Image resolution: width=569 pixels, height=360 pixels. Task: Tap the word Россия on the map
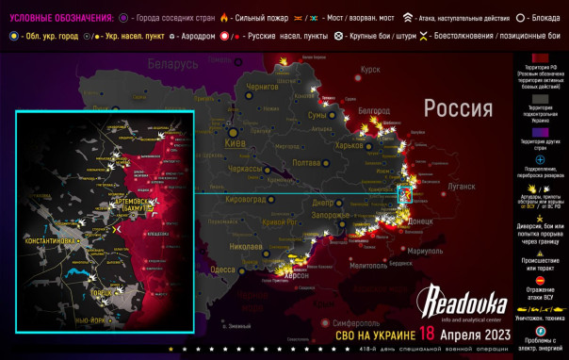coord(458,107)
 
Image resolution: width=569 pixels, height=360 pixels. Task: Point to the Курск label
coord(370,70)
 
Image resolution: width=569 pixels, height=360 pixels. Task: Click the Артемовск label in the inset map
coord(139,204)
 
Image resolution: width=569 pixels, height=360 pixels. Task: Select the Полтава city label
coord(310,163)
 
